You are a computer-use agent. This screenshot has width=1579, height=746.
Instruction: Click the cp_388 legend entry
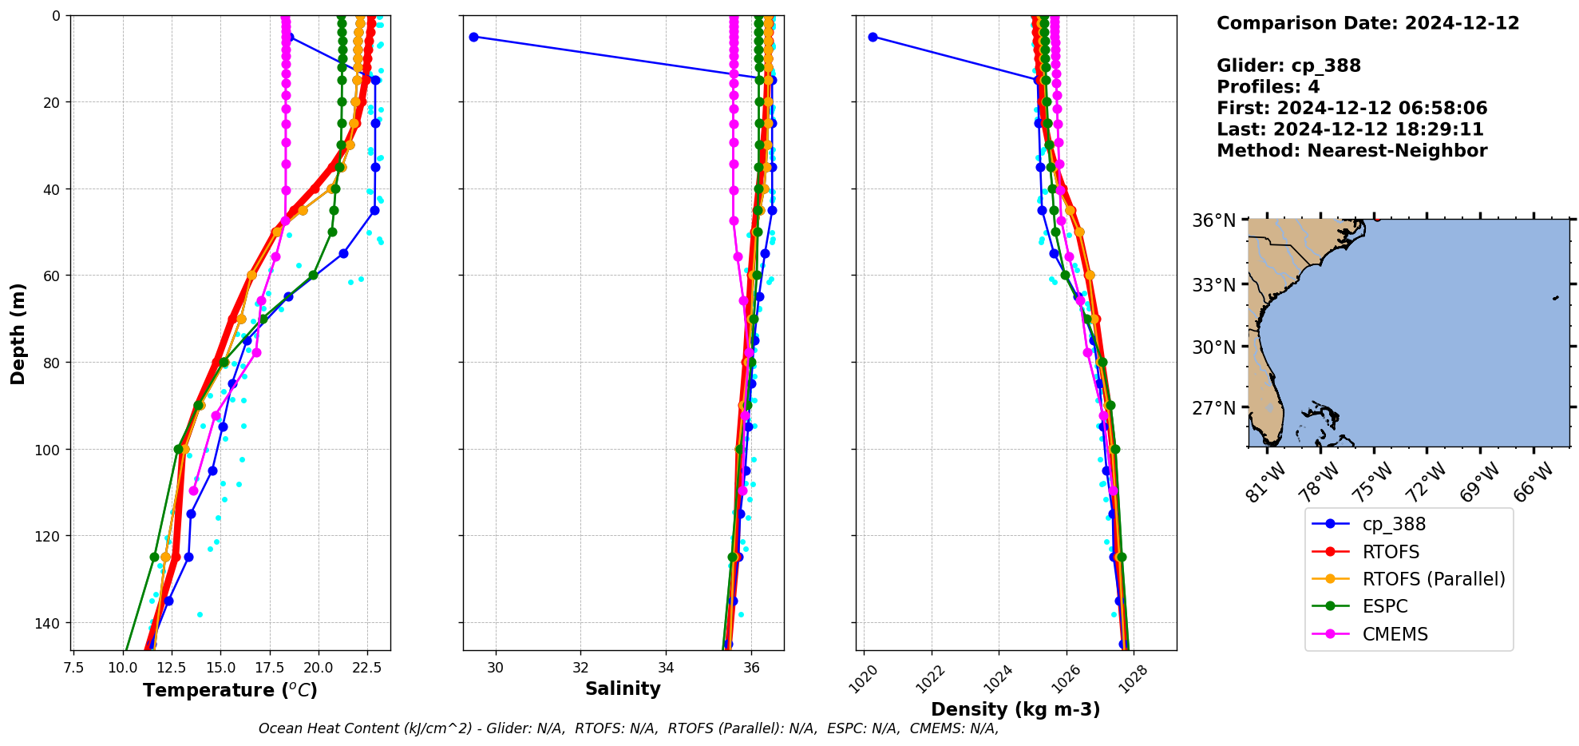(x=1393, y=524)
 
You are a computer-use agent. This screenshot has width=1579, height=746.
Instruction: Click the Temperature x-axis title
(x=230, y=690)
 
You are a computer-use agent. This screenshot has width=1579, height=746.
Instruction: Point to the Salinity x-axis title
(x=623, y=688)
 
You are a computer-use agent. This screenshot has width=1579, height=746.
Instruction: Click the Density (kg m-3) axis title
(x=1015, y=709)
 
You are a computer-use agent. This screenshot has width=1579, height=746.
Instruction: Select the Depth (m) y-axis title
(x=18, y=333)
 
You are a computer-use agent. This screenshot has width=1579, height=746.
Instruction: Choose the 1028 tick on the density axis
(x=1134, y=680)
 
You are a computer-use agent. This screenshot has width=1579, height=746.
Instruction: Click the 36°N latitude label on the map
(x=1213, y=220)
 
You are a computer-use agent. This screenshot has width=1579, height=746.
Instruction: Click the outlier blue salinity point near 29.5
(x=473, y=37)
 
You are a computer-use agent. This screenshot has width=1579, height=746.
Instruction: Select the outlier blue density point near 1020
(x=873, y=37)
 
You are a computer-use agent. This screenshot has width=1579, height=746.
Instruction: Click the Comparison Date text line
(x=1367, y=23)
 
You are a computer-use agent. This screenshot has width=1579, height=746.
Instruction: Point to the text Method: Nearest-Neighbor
(x=1351, y=151)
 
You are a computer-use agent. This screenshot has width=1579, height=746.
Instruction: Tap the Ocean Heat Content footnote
(x=628, y=728)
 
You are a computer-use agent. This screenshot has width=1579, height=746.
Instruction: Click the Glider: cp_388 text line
(x=1288, y=66)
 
